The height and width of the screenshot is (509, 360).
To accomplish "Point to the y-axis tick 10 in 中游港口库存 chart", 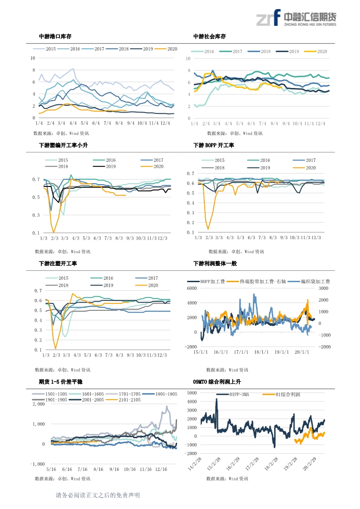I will pyautogui.click(x=32, y=58).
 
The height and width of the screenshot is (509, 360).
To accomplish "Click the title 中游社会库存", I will pyautogui.click(x=209, y=36).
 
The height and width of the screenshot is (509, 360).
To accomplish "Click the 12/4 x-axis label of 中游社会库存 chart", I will pyautogui.click(x=321, y=123).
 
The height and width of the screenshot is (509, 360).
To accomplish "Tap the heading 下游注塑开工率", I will pyautogui.click(x=58, y=263).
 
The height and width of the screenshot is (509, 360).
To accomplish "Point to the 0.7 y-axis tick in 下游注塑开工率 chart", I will pyautogui.click(x=38, y=290).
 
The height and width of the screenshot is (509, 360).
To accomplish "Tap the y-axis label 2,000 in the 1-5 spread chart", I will pyautogui.click(x=38, y=403).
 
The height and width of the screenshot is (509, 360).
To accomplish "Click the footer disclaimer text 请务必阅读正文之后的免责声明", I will pyautogui.click(x=98, y=495).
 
